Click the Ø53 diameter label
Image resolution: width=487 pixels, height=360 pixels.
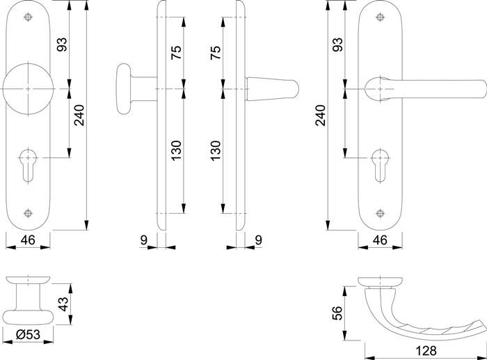(28, 336)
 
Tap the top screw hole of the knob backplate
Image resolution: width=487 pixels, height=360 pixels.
(28, 17)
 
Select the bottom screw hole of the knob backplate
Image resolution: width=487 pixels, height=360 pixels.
(28, 213)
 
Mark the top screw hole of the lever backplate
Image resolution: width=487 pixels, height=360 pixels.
(381, 17)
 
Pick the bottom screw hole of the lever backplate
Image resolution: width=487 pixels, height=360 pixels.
(381, 213)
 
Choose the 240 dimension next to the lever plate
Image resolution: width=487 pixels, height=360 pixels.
(320, 115)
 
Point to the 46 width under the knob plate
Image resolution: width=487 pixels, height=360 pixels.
(28, 240)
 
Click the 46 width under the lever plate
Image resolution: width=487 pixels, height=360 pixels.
(381, 240)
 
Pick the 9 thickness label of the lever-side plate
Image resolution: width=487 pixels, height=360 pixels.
(259, 240)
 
